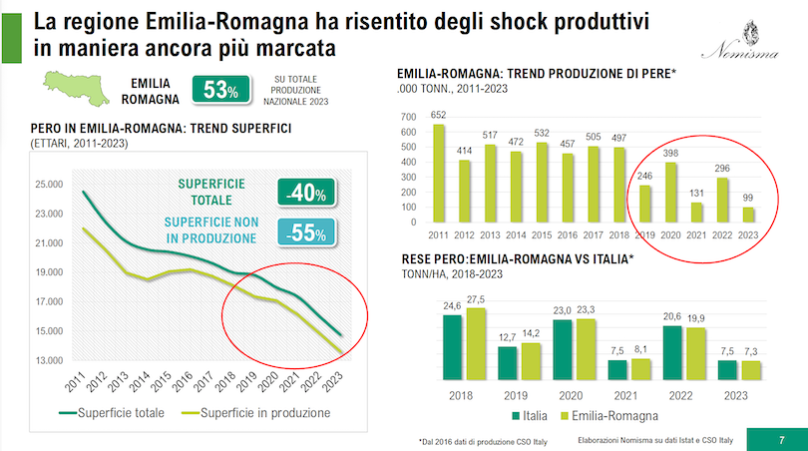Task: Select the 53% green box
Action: [219, 91]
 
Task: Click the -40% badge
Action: [307, 193]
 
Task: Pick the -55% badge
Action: [307, 233]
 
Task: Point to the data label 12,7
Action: [508, 337]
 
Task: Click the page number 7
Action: [781, 437]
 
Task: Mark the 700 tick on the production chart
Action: [409, 117]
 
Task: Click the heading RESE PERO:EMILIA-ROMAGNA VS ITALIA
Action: [515, 258]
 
